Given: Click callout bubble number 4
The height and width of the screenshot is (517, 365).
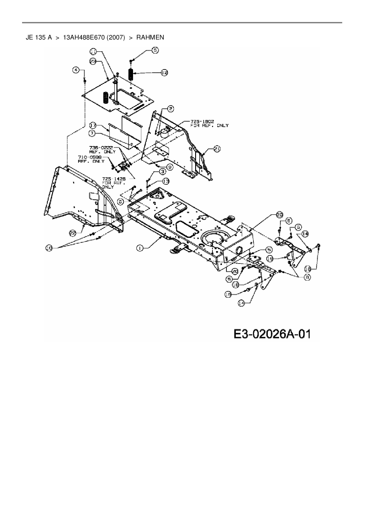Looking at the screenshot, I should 76,70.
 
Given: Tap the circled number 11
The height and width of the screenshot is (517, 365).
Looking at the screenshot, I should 93,52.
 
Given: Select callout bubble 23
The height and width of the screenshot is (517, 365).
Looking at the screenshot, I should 93,61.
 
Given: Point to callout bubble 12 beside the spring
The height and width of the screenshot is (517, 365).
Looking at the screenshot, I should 164,72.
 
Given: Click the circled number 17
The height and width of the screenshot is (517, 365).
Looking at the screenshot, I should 93,125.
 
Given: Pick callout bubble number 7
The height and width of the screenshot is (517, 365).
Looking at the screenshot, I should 92,134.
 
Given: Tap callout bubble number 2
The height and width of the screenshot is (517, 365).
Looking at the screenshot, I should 170,109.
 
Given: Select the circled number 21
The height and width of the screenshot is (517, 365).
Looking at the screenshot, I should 217,149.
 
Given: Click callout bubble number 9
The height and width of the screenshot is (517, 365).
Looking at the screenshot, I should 170,167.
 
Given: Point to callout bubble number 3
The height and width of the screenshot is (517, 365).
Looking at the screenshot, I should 162,171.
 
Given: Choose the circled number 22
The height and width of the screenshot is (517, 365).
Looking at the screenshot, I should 73,233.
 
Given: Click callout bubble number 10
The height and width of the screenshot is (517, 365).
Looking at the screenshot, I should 49,248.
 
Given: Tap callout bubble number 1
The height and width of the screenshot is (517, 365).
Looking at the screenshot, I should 140,248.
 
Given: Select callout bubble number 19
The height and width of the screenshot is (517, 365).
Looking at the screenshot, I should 270,258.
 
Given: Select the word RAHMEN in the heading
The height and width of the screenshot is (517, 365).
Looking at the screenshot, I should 150,37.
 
